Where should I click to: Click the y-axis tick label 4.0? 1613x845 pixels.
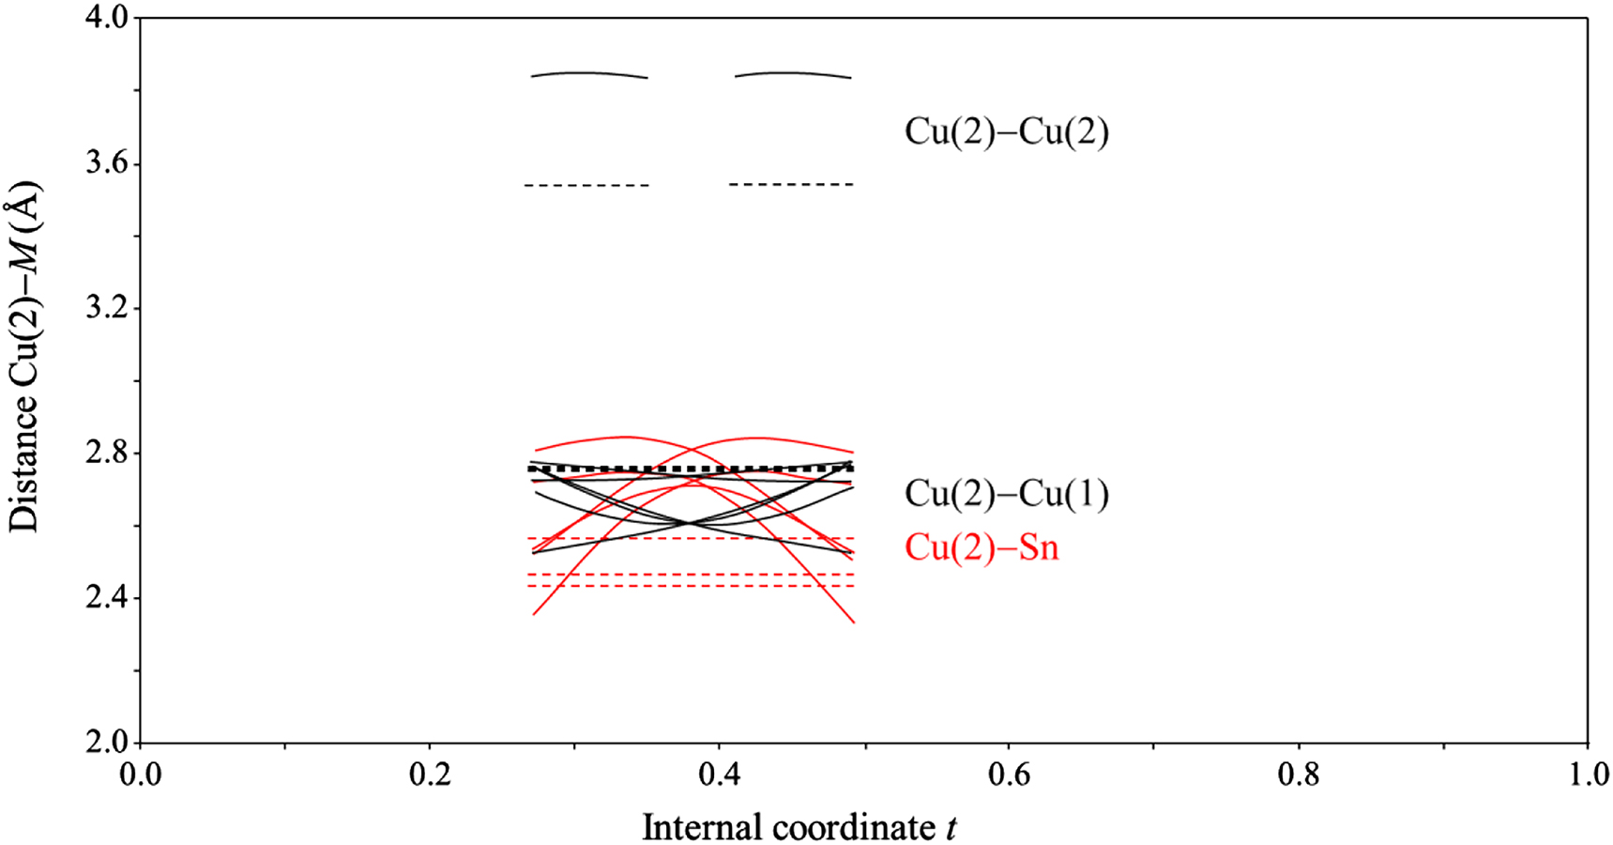pyautogui.click(x=106, y=19)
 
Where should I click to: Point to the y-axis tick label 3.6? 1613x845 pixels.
pyautogui.click(x=106, y=163)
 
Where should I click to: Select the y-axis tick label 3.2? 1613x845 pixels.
pyautogui.click(x=106, y=309)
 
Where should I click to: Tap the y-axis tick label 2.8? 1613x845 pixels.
pyautogui.click(x=106, y=453)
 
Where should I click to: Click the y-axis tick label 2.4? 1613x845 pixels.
pyautogui.click(x=106, y=598)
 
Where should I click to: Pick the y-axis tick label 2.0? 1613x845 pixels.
pyautogui.click(x=106, y=743)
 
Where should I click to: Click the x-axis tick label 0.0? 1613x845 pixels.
pyautogui.click(x=140, y=776)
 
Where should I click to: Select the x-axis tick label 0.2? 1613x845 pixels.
pyautogui.click(x=430, y=776)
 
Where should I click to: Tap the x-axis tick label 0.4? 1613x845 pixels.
pyautogui.click(x=719, y=776)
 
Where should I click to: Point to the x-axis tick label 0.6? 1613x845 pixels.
pyautogui.click(x=1009, y=776)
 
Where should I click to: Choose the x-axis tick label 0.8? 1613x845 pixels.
pyautogui.click(x=1298, y=776)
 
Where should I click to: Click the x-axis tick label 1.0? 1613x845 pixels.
pyautogui.click(x=1587, y=776)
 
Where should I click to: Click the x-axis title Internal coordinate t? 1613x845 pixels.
pyautogui.click(x=799, y=827)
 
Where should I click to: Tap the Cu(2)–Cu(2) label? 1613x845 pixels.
pyautogui.click(x=1006, y=131)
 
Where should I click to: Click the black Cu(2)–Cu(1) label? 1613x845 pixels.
pyautogui.click(x=1006, y=494)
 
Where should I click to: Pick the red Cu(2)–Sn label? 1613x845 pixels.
pyautogui.click(x=981, y=547)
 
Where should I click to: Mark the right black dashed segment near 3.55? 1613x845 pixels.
pyautogui.click(x=791, y=184)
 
